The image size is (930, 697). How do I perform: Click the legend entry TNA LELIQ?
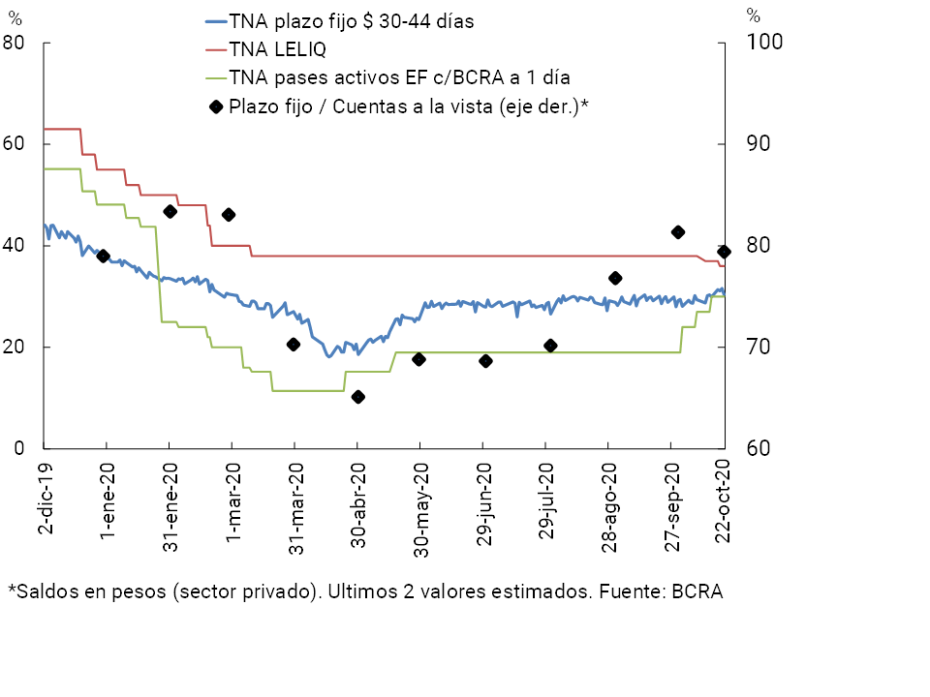pyautogui.click(x=277, y=49)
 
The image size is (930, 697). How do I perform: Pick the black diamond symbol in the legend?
pyautogui.click(x=215, y=106)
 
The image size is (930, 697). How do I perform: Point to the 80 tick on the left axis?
pyautogui.click(x=15, y=43)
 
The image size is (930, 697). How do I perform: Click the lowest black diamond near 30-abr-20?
pyautogui.click(x=357, y=397)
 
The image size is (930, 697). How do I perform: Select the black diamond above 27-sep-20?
pyautogui.click(x=678, y=232)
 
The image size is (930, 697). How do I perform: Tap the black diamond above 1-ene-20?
pyautogui.click(x=104, y=256)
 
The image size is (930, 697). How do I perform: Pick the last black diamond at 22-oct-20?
pyautogui.click(x=724, y=252)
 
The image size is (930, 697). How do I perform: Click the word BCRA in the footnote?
pyautogui.click(x=697, y=591)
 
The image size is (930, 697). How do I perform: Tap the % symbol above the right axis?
pyautogui.click(x=754, y=15)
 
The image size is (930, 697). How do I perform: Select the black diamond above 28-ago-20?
pyautogui.click(x=614, y=278)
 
